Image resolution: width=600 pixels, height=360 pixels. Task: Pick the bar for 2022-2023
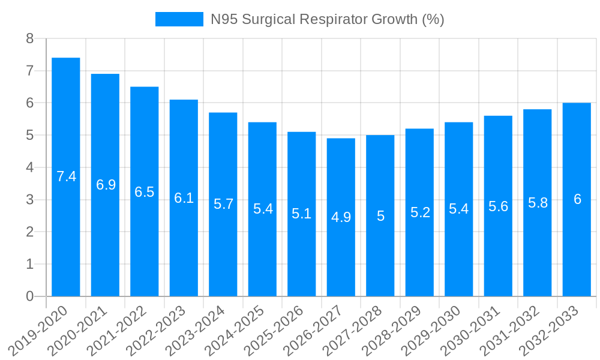tap(184, 198)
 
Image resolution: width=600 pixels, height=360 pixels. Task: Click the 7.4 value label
tap(66, 176)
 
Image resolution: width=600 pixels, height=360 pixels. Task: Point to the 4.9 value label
tap(341, 217)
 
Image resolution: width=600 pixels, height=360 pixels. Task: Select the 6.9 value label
tap(106, 185)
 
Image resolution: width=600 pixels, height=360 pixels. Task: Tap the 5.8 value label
tap(538, 203)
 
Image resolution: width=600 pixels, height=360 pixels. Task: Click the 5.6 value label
tap(498, 206)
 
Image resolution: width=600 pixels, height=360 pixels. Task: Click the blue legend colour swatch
tap(179, 19)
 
